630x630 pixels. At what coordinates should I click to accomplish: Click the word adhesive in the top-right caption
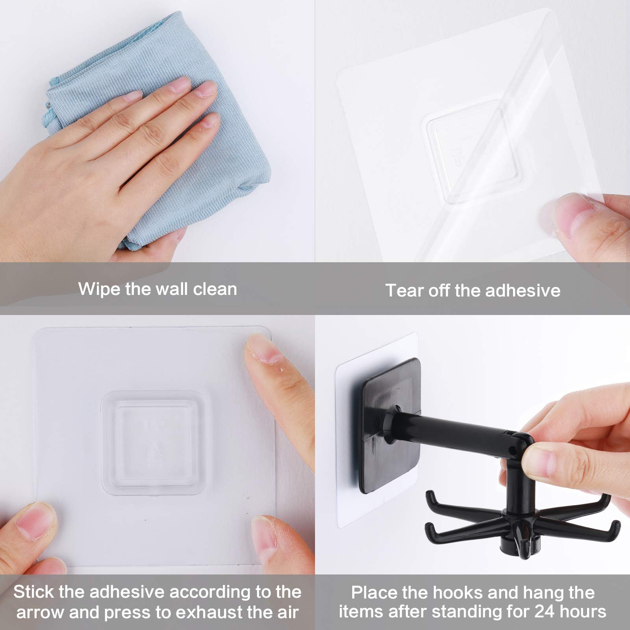pos(523,291)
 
